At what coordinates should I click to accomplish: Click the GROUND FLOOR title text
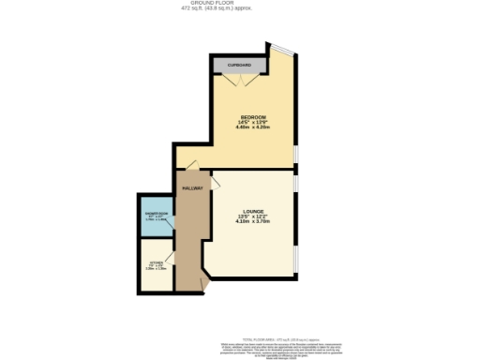tap(240, 4)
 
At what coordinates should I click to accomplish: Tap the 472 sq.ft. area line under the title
tap(240, 9)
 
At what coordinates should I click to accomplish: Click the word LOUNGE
tap(252, 211)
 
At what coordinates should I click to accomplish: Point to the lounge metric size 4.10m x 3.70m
tap(252, 222)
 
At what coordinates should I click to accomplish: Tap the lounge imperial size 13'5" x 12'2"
tap(252, 217)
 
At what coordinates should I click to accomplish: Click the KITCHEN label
tap(156, 263)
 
